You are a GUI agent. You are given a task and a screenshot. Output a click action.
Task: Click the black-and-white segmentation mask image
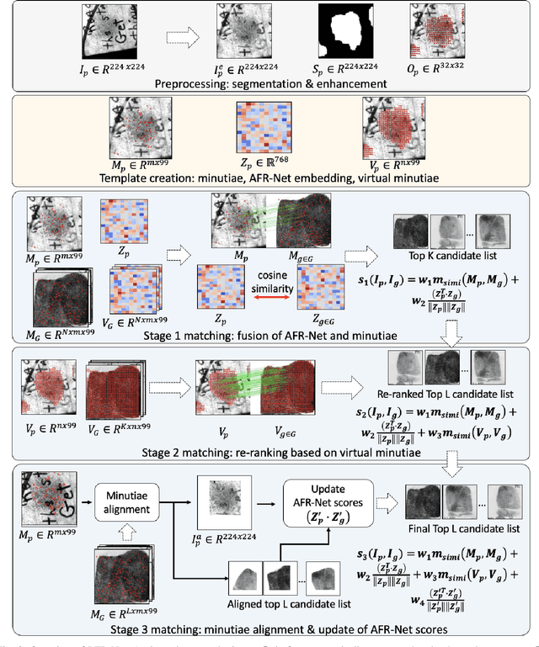click(x=344, y=31)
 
